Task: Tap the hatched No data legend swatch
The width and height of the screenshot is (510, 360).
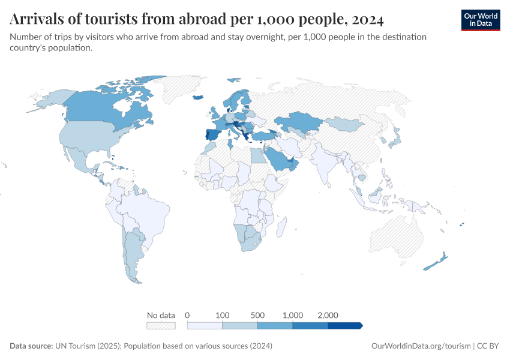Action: (x=161, y=325)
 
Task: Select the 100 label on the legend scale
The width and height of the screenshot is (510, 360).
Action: (x=223, y=315)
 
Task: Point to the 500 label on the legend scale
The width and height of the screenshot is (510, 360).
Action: (x=257, y=315)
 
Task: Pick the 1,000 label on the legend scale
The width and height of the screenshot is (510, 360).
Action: (x=293, y=315)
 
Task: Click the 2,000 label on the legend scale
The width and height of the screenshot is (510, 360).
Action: (x=328, y=315)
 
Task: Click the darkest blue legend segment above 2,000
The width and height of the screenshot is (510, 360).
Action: (x=344, y=325)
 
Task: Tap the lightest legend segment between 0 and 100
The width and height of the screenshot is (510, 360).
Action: (x=205, y=325)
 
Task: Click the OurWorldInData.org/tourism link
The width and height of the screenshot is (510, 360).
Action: (x=420, y=346)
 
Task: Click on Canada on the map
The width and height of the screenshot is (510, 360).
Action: (x=102, y=111)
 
